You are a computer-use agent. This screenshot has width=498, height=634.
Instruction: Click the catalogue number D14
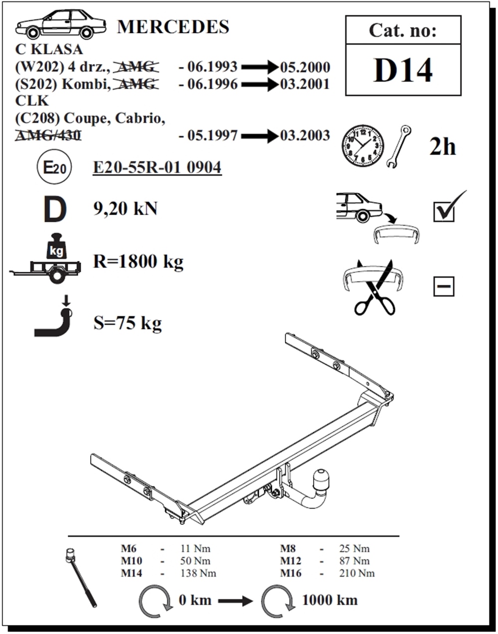click(403, 70)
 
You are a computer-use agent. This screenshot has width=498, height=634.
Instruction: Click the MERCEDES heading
click(173, 27)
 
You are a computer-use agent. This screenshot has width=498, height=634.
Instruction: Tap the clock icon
click(363, 146)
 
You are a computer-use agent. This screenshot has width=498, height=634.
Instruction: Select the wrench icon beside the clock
click(398, 146)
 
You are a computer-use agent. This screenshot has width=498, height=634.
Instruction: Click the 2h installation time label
click(442, 147)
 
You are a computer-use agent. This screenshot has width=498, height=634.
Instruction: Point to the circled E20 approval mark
click(54, 167)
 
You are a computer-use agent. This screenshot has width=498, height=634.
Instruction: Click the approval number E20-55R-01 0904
click(157, 167)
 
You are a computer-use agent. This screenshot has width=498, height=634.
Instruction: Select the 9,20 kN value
click(125, 209)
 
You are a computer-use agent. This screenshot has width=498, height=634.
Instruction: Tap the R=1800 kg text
click(138, 261)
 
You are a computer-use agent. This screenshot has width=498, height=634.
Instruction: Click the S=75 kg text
click(127, 323)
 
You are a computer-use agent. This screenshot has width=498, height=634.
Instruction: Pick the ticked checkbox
click(448, 207)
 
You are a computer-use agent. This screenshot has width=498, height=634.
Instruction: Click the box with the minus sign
click(443, 286)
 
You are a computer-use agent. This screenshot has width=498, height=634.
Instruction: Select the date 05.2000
click(305, 67)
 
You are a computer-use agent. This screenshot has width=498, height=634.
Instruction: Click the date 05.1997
click(212, 135)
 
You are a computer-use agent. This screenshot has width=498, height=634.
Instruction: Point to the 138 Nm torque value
click(198, 573)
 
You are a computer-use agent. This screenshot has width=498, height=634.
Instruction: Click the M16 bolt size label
click(290, 573)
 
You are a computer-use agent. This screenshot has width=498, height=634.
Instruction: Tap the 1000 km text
click(330, 600)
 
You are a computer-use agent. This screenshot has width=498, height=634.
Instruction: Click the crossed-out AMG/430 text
click(48, 135)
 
